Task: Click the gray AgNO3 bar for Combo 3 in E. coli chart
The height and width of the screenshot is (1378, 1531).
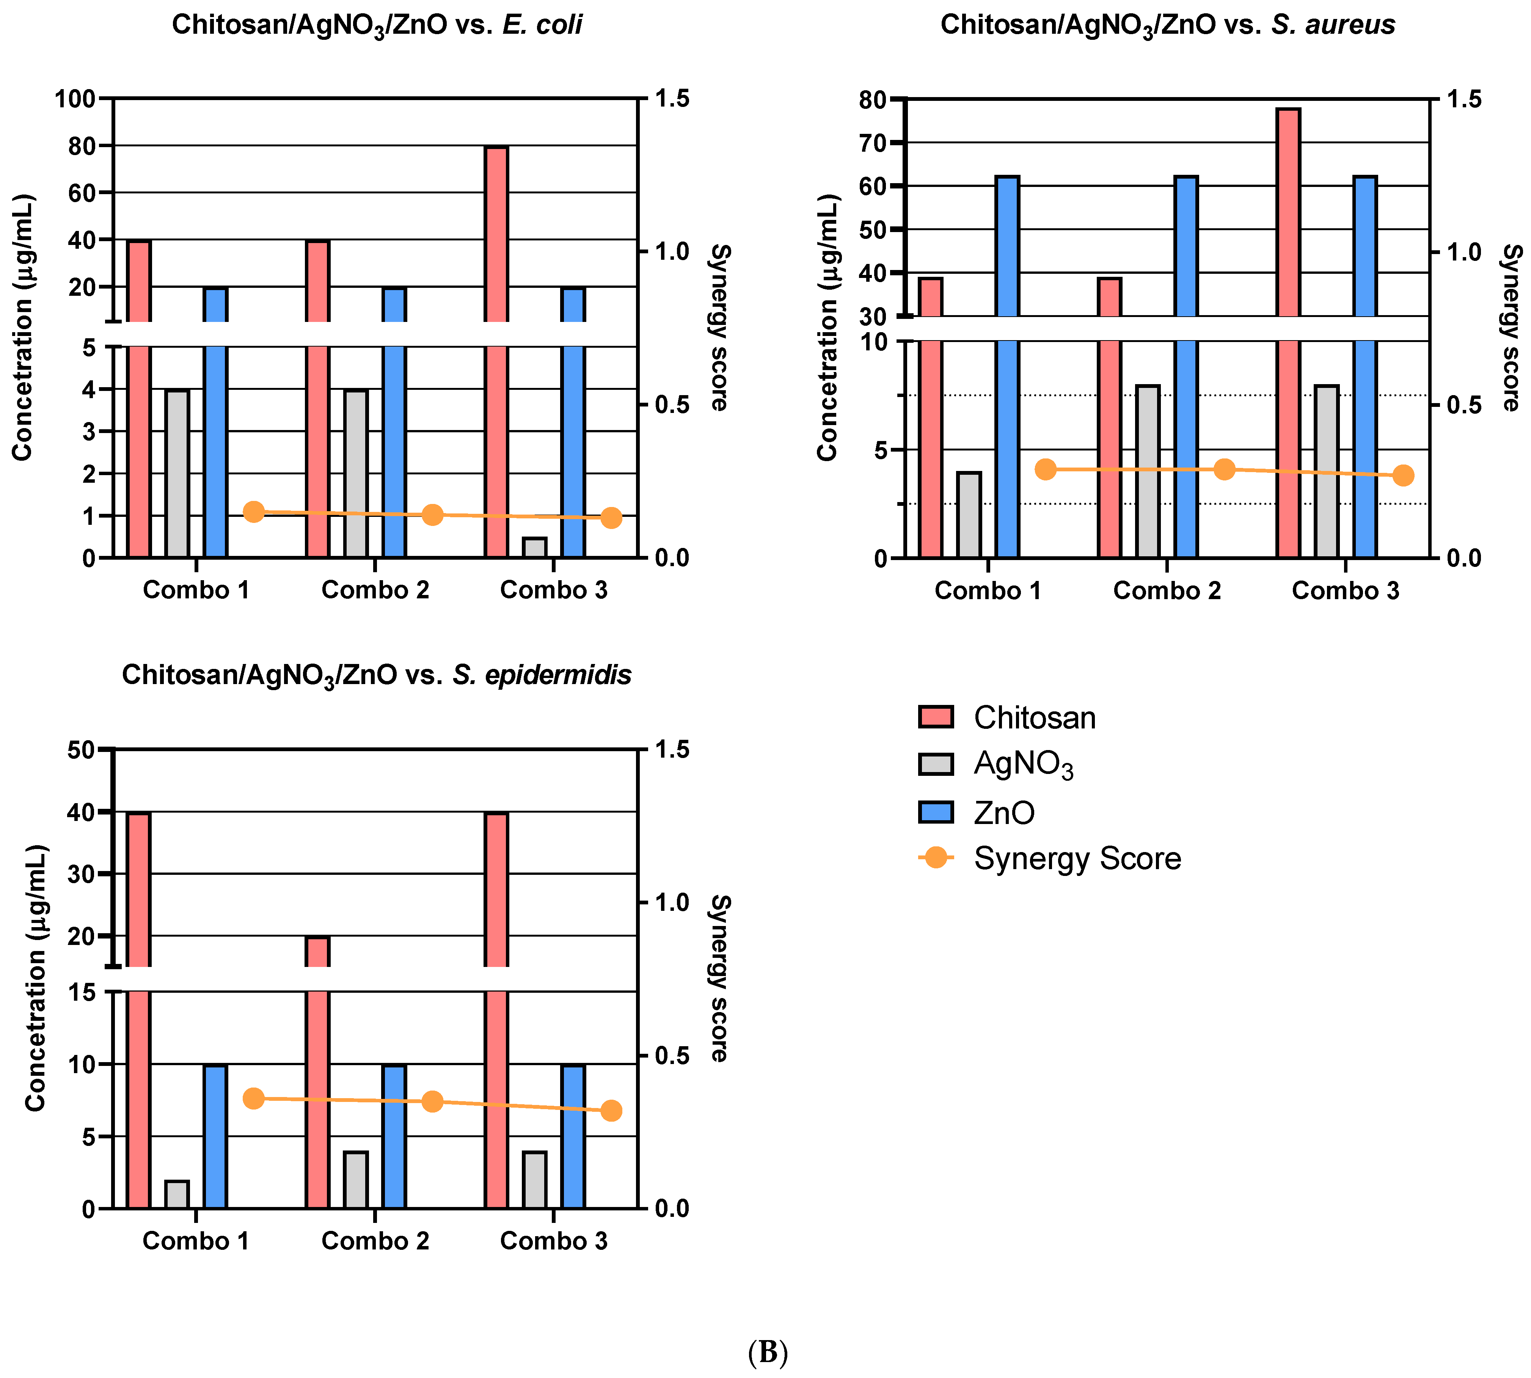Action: [535, 548]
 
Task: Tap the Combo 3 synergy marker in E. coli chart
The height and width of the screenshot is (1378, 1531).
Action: [611, 518]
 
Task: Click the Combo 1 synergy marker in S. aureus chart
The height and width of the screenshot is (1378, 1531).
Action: [1045, 469]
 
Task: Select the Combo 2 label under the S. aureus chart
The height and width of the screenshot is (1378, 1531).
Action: [1167, 590]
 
